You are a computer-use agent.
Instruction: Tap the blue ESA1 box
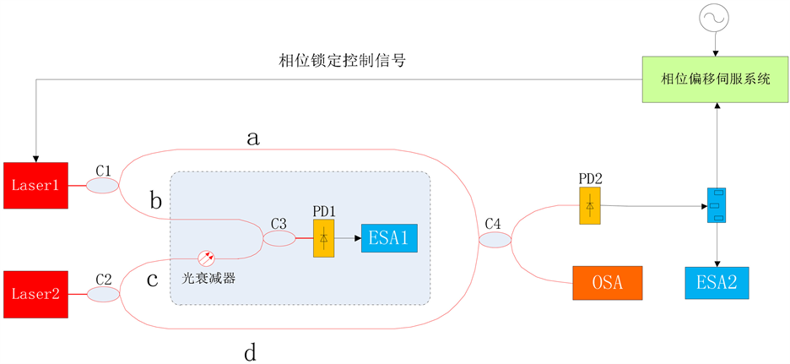389,240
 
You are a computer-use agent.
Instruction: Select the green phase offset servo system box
717,79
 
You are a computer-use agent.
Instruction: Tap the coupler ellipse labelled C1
104,185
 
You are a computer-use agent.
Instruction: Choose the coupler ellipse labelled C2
104,294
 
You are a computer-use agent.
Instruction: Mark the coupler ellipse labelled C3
279,240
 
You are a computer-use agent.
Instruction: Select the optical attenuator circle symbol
207,258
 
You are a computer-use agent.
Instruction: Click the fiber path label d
250,352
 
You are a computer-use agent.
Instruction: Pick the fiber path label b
154,201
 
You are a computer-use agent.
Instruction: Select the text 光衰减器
208,277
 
